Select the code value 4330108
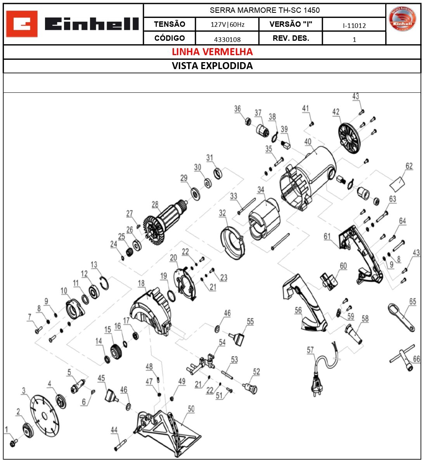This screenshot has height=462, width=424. (227, 39)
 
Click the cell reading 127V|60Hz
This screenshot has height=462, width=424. (227, 24)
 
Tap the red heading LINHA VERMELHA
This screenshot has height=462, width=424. (212, 52)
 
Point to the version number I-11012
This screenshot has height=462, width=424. (354, 26)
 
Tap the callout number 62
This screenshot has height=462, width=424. (409, 166)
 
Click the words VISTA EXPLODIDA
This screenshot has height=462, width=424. (212, 66)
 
